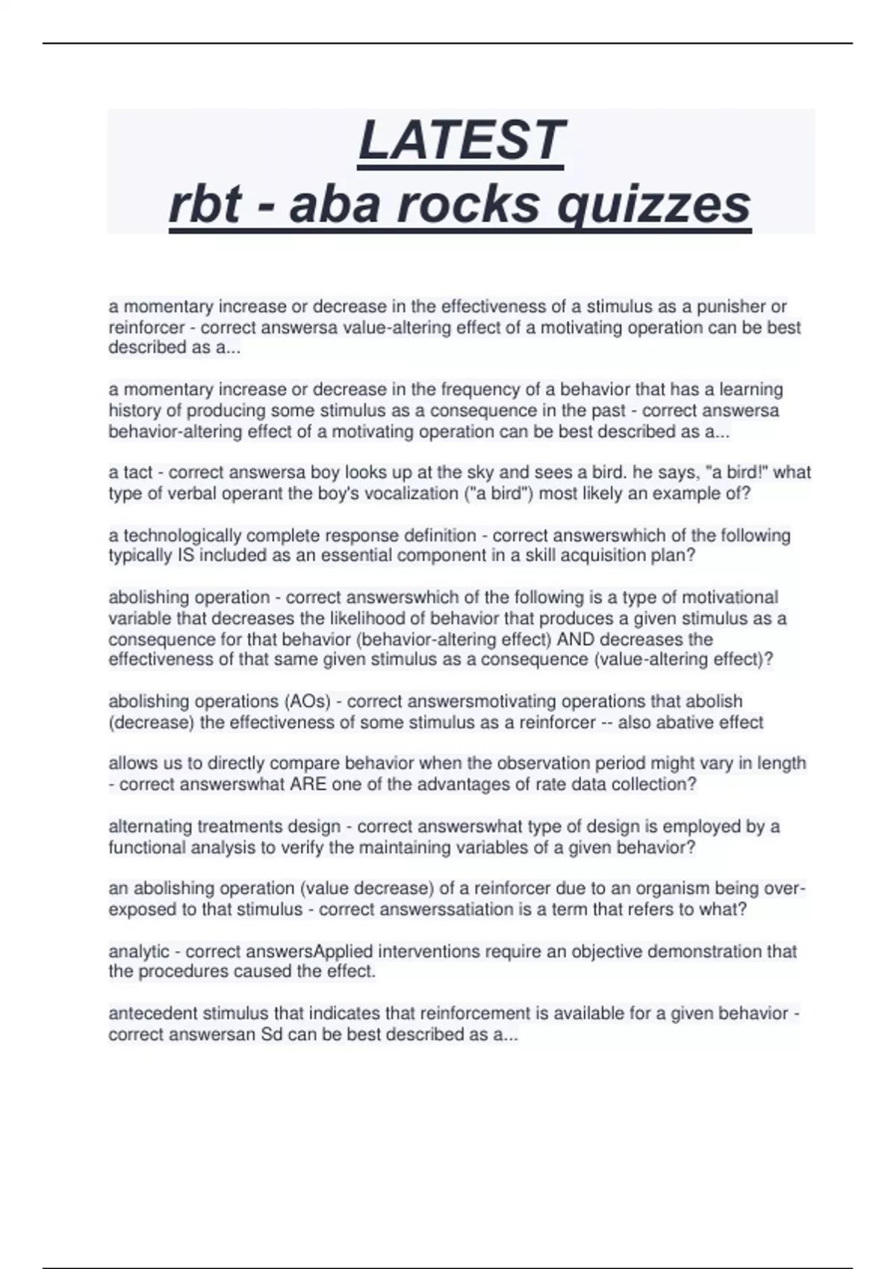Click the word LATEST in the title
(x=461, y=140)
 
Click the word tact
(x=138, y=473)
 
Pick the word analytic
(x=139, y=952)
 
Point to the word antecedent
(x=153, y=1014)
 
